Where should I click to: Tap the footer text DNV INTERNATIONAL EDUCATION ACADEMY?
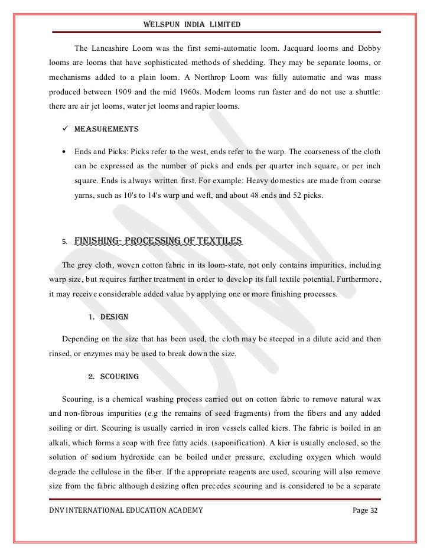126,510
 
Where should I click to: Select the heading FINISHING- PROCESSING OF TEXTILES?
158,241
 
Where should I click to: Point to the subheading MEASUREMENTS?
106,129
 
